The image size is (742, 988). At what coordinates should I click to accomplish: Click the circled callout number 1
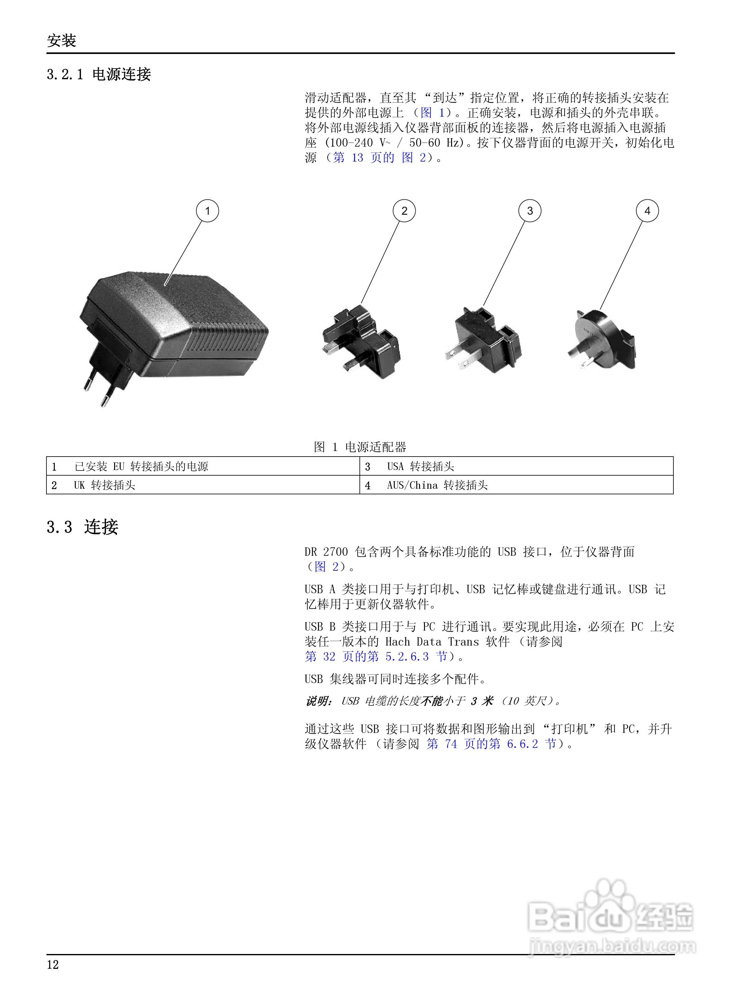[207, 211]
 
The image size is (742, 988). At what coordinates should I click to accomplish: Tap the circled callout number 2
[404, 211]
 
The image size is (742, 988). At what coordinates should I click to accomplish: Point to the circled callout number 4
[647, 211]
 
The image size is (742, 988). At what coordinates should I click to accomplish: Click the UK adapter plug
[362, 342]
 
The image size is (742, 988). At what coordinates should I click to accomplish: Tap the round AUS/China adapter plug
[600, 339]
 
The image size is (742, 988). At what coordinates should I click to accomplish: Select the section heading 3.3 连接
[83, 527]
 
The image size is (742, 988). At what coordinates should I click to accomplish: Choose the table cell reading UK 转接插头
[104, 485]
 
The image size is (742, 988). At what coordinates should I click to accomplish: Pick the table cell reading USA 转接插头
[420, 466]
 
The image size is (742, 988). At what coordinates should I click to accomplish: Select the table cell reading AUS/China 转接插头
[437, 485]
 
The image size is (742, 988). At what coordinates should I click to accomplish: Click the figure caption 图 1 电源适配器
[360, 447]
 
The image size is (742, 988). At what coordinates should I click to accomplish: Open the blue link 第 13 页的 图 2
[379, 158]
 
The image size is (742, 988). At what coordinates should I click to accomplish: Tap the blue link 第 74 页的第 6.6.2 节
[491, 744]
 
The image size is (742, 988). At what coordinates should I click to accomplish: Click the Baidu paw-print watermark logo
[609, 907]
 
